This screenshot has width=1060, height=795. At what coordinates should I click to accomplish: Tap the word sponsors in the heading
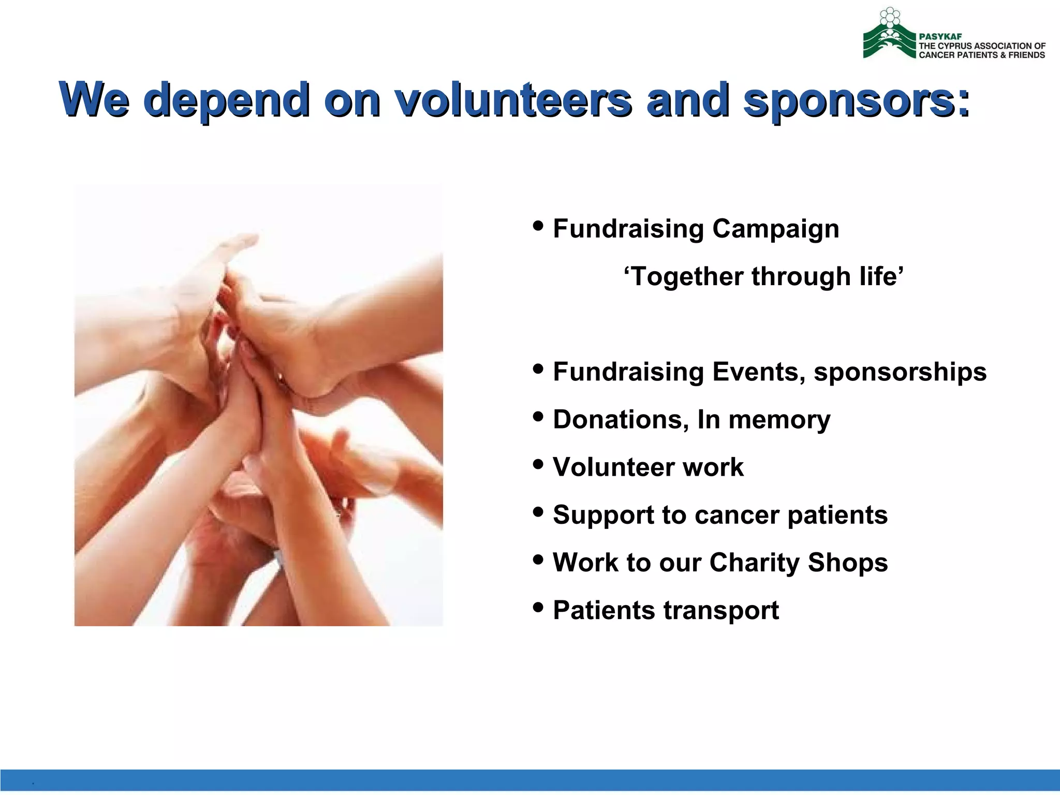click(x=849, y=100)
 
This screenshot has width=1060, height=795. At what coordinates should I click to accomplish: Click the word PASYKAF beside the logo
click(x=940, y=37)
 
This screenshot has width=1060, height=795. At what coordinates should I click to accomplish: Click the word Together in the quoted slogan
click(x=683, y=276)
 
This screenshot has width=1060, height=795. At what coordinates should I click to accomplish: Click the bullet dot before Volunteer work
click(x=538, y=464)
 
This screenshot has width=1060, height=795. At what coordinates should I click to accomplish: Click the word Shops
click(x=847, y=563)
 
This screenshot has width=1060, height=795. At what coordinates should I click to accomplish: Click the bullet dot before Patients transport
click(x=538, y=607)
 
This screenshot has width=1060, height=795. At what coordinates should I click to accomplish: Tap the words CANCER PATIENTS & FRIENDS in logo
click(x=981, y=55)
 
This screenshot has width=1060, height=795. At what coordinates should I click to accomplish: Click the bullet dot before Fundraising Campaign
click(x=538, y=226)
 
